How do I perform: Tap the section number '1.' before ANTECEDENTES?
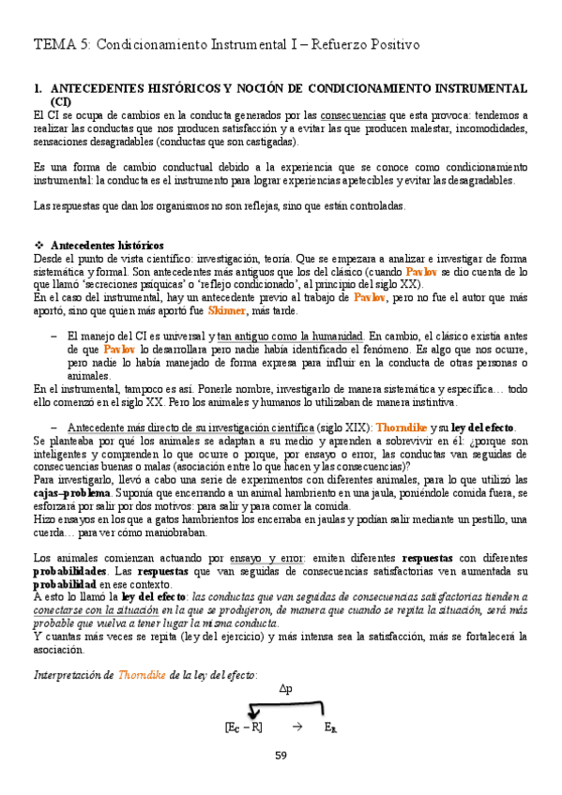[38, 88]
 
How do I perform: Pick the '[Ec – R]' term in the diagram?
[244, 727]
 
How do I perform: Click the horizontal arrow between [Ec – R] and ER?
[296, 727]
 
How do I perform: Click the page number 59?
[281, 756]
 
